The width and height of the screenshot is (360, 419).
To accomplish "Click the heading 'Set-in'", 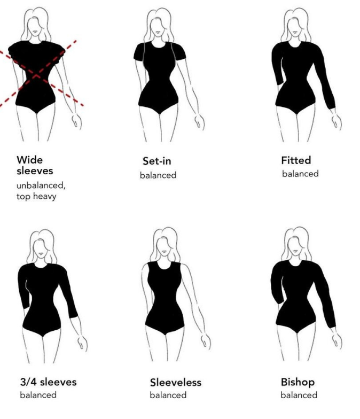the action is coord(157,161).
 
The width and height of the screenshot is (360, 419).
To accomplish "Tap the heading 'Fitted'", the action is coord(296,160).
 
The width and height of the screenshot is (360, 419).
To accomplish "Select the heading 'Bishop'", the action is coord(298,383).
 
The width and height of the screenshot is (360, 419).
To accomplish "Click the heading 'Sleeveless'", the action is coord(175,383).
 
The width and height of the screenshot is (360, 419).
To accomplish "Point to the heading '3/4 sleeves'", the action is coord(48,382).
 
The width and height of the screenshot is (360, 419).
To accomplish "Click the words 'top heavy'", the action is coord(36,197).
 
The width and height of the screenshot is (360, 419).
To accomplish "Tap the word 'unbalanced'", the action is coord(40,185).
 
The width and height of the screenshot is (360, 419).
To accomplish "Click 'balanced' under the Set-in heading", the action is coord(158,175).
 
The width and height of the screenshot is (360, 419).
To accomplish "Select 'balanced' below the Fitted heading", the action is coord(300,174).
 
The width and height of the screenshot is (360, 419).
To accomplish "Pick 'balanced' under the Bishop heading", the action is coord(299,395).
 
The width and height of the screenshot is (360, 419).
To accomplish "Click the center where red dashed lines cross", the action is coord(37,75).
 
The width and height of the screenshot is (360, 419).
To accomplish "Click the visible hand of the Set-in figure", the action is coord(199,122).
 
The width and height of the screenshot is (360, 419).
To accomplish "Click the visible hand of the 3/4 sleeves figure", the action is coord(82,343).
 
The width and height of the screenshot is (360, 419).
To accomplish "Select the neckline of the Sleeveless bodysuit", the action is coord(163,266).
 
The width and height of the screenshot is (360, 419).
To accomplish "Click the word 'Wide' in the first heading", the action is coord(30,160).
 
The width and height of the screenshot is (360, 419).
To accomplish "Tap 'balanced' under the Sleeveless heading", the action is coord(168,395).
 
